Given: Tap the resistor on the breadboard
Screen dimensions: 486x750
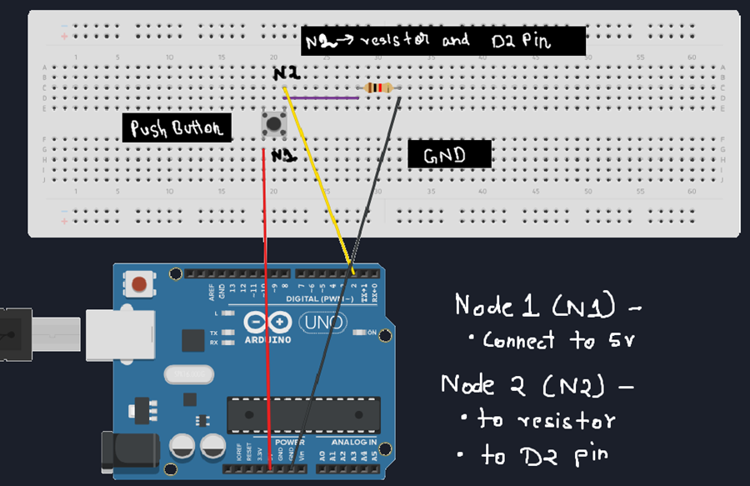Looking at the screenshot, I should pyautogui.click(x=379, y=88).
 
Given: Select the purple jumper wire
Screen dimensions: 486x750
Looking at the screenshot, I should pyautogui.click(x=325, y=98).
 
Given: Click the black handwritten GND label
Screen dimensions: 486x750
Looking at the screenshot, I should pyautogui.click(x=449, y=155).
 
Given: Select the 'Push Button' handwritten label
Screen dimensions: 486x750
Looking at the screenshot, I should pyautogui.click(x=177, y=128).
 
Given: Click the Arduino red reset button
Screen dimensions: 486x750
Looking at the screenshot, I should pyautogui.click(x=140, y=284).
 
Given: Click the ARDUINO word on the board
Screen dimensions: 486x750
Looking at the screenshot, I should pyautogui.click(x=267, y=340).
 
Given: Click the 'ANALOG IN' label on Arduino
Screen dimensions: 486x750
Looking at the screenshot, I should pyautogui.click(x=353, y=441).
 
